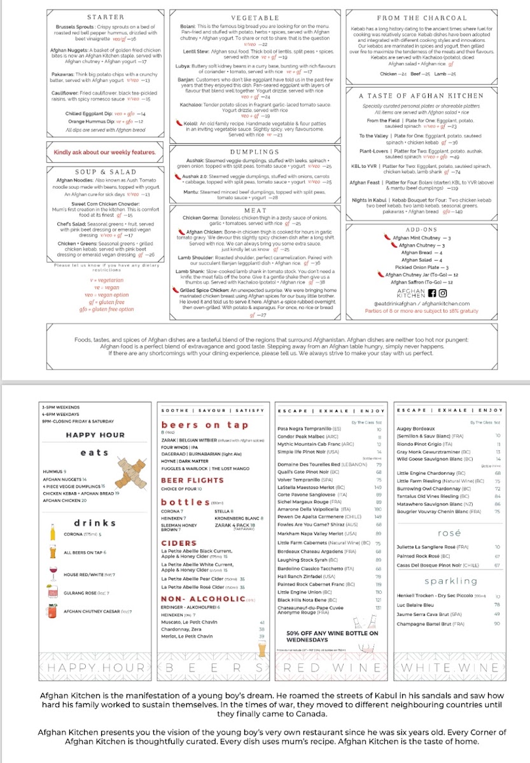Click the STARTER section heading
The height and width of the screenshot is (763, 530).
[105, 17]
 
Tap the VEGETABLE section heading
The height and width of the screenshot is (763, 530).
[255, 18]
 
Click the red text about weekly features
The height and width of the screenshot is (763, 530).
[104, 153]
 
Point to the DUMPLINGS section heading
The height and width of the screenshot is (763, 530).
[255, 152]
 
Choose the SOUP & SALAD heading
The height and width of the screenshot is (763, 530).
[105, 172]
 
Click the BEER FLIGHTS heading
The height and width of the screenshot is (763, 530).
[185, 480]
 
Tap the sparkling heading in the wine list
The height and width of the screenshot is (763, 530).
[450, 581]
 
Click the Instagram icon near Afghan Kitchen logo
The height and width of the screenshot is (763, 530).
[443, 293]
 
